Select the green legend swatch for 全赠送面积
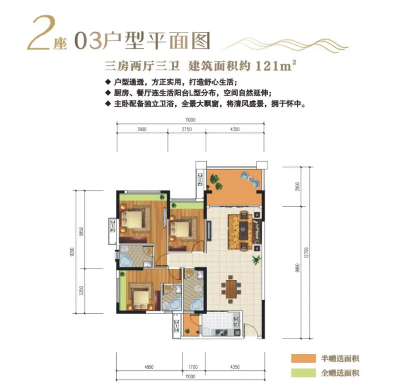click(304, 373)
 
